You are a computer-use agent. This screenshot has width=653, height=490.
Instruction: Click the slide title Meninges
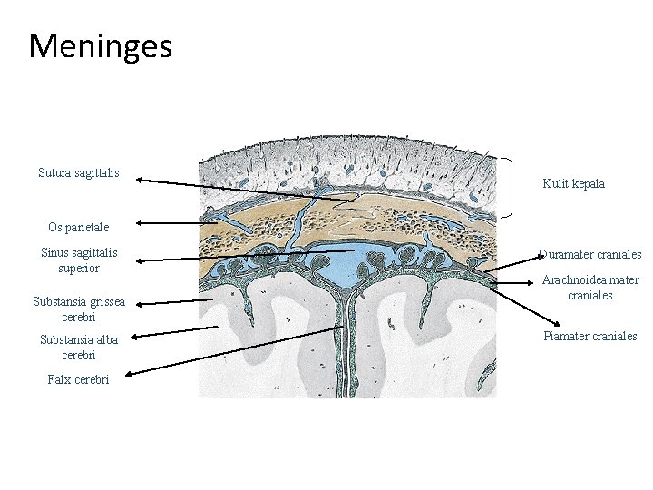click(100, 44)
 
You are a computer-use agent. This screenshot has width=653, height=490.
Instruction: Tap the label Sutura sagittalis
click(79, 172)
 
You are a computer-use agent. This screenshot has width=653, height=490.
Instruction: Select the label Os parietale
click(78, 227)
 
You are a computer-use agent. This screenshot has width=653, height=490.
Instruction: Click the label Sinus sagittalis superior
click(79, 260)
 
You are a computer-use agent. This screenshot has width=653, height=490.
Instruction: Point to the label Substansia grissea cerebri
click(79, 309)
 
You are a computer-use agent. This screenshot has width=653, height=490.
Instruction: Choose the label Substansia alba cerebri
click(79, 347)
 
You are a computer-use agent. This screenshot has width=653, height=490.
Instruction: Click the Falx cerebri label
click(78, 379)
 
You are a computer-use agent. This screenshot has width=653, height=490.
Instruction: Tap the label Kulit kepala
click(573, 183)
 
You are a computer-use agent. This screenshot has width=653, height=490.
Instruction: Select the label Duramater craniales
click(590, 254)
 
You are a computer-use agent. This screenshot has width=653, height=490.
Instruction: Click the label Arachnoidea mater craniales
click(590, 288)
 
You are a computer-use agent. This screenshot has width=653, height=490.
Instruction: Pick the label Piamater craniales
click(590, 337)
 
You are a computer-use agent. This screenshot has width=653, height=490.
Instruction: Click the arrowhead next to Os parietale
click(141, 223)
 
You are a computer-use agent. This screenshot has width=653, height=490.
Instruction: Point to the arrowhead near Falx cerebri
click(133, 372)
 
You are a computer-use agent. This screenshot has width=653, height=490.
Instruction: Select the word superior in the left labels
click(78, 269)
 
